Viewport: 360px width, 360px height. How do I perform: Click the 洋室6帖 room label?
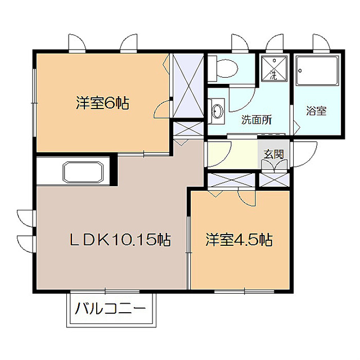click(x=102, y=103)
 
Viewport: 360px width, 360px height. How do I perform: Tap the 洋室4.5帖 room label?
click(x=239, y=240)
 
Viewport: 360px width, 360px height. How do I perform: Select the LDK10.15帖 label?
click(x=120, y=240)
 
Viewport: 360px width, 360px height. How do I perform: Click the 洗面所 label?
click(x=256, y=119)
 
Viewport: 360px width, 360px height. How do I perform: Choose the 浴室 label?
click(x=317, y=111)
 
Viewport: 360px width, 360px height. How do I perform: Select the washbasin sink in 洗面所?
click(x=217, y=109)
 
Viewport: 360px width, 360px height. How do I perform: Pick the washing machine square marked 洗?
click(x=273, y=69)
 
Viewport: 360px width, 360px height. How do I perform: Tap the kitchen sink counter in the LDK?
click(x=83, y=172)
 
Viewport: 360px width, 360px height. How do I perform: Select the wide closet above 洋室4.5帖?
click(x=231, y=181)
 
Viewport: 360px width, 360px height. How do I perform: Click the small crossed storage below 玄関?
click(x=274, y=181)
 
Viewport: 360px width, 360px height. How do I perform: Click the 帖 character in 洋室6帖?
click(x=123, y=103)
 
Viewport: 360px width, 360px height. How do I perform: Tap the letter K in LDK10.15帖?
click(x=103, y=240)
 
